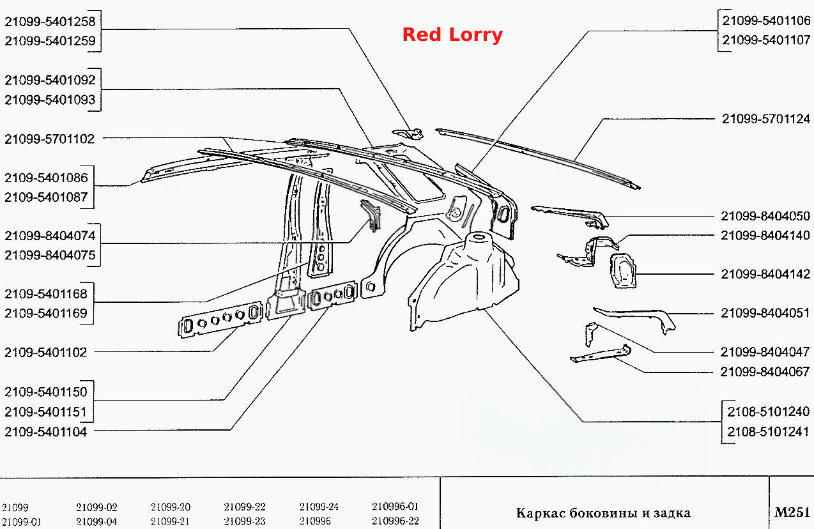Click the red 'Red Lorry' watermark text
(x=452, y=35)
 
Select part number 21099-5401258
(x=50, y=22)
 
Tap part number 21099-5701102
(x=49, y=139)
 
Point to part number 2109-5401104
(x=45, y=432)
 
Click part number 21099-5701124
(x=766, y=119)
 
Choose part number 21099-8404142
(x=765, y=273)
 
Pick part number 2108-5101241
(x=768, y=432)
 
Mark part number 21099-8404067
(x=765, y=372)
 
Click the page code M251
(x=792, y=512)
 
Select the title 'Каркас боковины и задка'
(x=603, y=513)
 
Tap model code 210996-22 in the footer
(x=395, y=521)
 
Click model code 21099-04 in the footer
(x=96, y=522)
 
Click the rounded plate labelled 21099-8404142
(x=623, y=271)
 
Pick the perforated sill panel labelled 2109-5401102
(x=220, y=319)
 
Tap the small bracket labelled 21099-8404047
(x=591, y=333)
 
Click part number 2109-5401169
(x=46, y=313)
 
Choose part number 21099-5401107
(x=766, y=40)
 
